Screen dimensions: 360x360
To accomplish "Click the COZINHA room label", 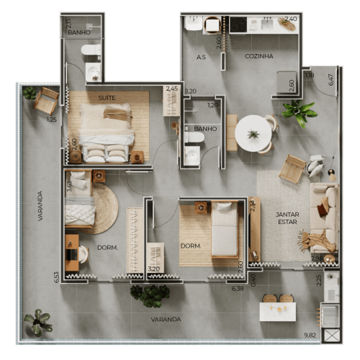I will pyautogui.click(x=258, y=56).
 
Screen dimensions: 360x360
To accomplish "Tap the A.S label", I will pyautogui.click(x=202, y=56).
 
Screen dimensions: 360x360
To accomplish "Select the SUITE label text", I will pyautogui.click(x=107, y=96).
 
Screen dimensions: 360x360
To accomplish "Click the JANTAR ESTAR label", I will pyautogui.click(x=287, y=218).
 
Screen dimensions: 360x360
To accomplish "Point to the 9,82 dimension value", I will pyautogui.click(x=310, y=336).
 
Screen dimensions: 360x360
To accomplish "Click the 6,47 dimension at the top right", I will pyautogui.click(x=331, y=78).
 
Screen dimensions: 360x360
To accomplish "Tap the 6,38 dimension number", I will pyautogui.click(x=238, y=289).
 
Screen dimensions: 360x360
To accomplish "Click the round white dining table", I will pyautogui.click(x=253, y=134).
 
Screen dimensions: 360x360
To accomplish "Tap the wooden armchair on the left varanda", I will pyautogui.click(x=46, y=100).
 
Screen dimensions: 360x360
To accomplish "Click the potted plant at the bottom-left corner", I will pyautogui.click(x=37, y=322).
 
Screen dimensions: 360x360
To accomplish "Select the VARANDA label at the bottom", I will pyautogui.click(x=166, y=319).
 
